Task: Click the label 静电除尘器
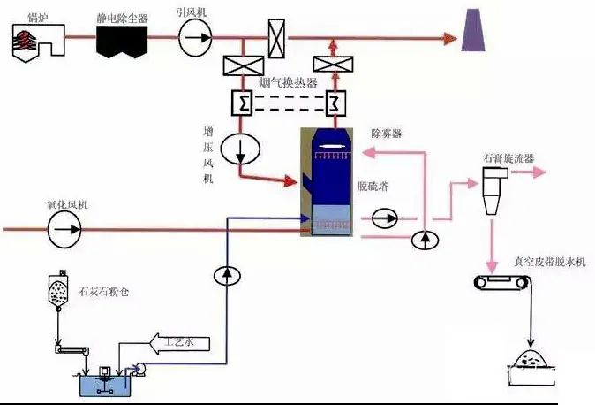point(123,17)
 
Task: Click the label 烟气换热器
point(288,82)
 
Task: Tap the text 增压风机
point(208,154)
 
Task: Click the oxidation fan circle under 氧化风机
point(63,229)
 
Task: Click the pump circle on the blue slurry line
point(227,275)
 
